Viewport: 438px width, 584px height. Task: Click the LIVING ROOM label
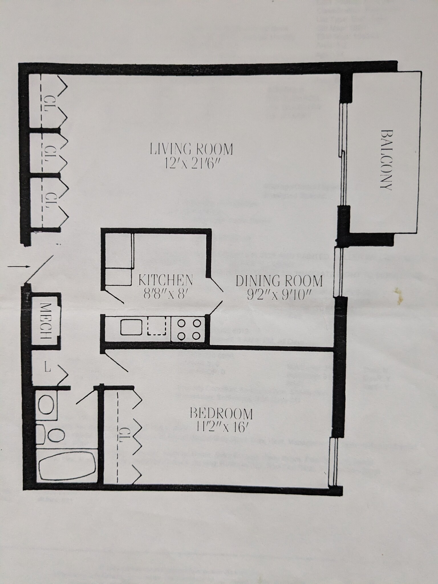coord(191,149)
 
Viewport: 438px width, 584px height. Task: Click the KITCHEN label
coord(165,280)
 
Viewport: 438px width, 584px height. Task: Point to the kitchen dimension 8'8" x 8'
coord(165,293)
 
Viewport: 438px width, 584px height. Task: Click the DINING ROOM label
coord(279,281)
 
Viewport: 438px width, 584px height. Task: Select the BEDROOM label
coord(221,413)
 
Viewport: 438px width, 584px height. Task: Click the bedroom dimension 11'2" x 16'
coord(221,427)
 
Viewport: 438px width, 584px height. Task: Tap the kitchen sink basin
coord(131,327)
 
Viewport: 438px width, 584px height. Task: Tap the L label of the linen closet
coord(48,368)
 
